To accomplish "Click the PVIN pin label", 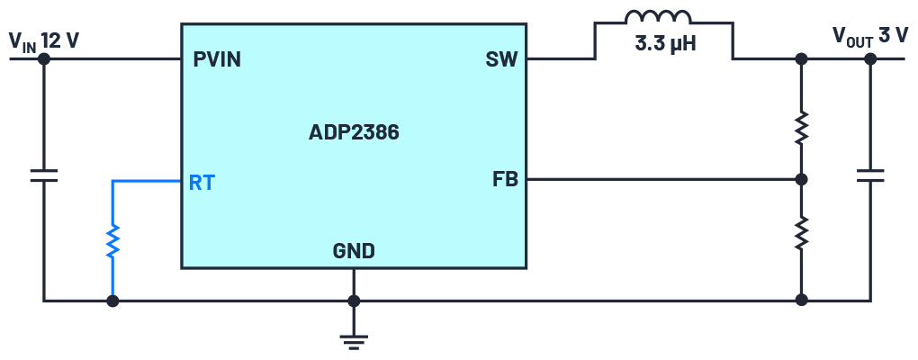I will tap(216, 60).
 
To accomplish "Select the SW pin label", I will tap(501, 60).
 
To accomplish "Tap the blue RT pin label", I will tap(202, 183).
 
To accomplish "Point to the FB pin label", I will tap(505, 179).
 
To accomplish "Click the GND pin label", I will tap(354, 251).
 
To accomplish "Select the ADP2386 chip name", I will tap(354, 133).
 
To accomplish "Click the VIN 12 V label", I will tap(43, 40).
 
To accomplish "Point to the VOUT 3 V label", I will tap(869, 36).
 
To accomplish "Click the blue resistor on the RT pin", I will tap(112, 240).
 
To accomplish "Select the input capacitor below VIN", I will tap(43, 175).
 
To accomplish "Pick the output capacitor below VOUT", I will tap(870, 175).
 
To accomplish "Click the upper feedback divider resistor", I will tap(801, 128).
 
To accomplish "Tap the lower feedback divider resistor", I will tap(801, 233).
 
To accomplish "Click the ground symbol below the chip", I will tap(354, 339).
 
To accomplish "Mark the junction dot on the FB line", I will tap(801, 179).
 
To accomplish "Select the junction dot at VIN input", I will tap(43, 59).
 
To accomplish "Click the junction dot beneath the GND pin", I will tap(354, 301).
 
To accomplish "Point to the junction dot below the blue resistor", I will tap(112, 301).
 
